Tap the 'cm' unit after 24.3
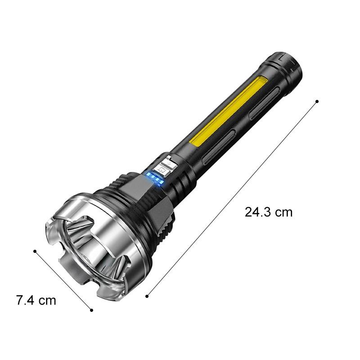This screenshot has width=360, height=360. point(284,213)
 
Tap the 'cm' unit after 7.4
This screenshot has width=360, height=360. point(47,301)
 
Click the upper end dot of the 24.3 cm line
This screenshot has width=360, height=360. point(317,101)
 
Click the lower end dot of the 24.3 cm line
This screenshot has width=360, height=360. point(147,297)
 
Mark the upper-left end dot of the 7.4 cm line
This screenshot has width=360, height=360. point(35,252)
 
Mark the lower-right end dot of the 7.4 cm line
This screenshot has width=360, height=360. point(92,310)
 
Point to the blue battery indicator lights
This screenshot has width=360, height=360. point(155,178)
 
